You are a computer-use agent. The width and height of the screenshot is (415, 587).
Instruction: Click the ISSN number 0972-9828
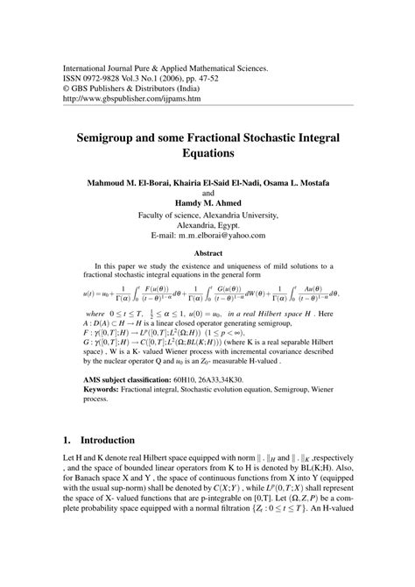pos(114,78)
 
